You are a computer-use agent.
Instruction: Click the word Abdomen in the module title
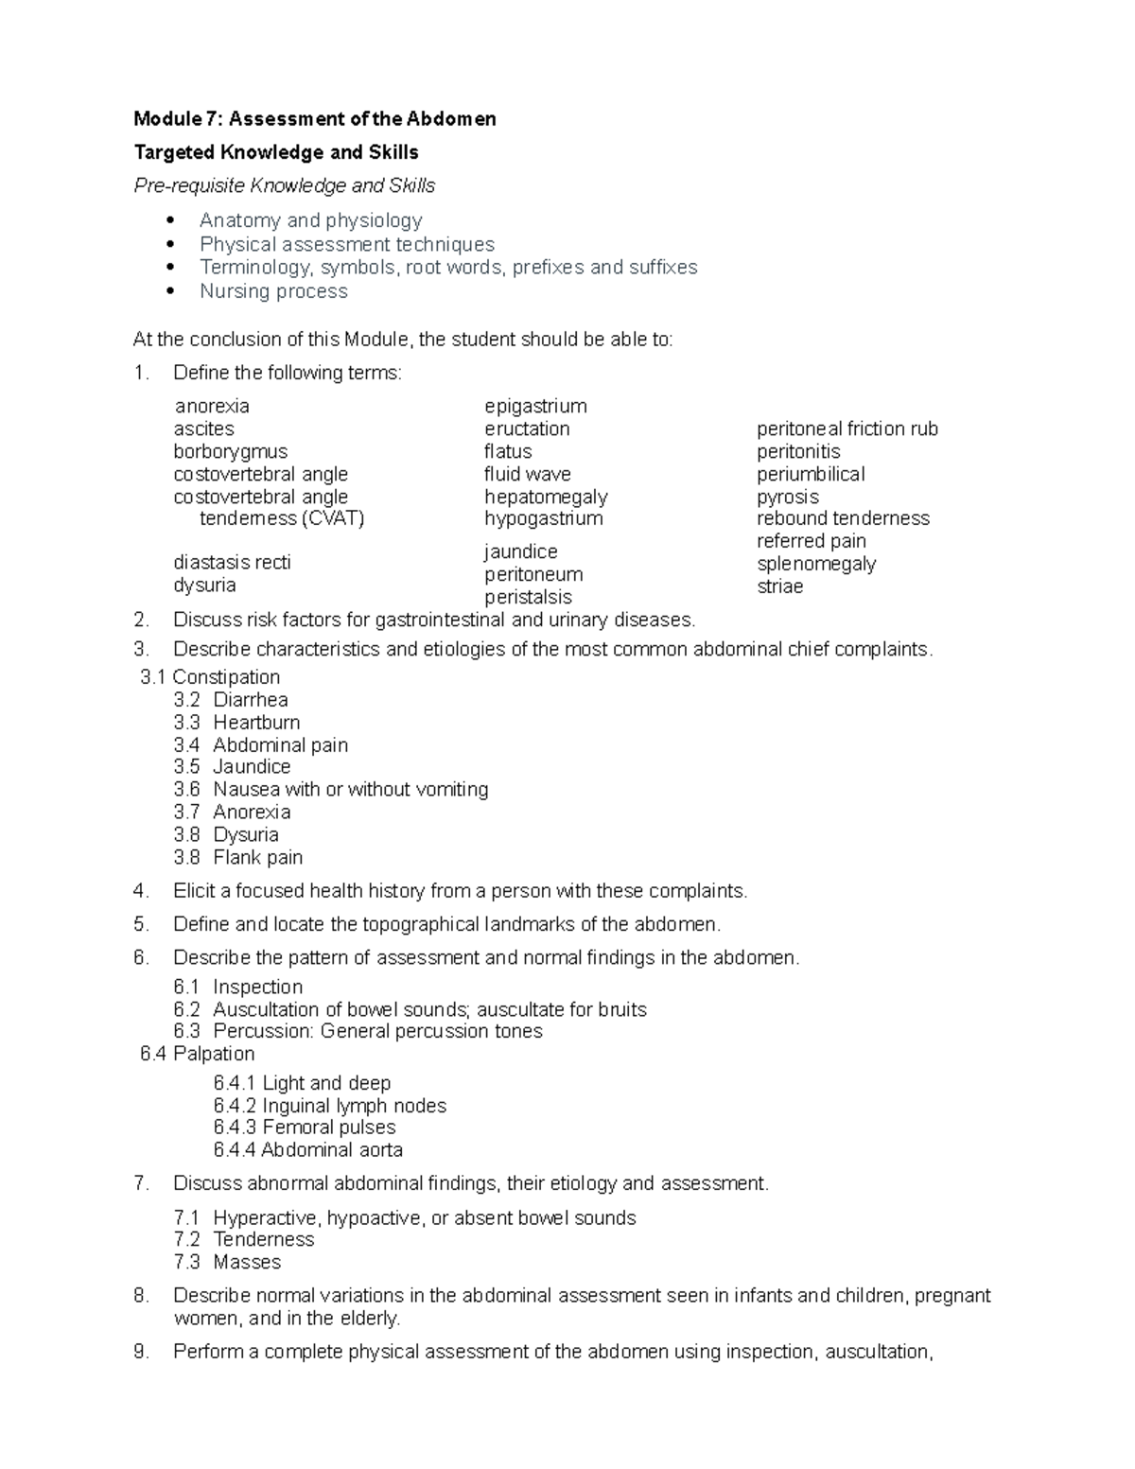pyautogui.click(x=451, y=119)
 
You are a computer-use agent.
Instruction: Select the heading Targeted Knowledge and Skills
pyautogui.click(x=276, y=152)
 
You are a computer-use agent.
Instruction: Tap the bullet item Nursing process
pyautogui.click(x=273, y=291)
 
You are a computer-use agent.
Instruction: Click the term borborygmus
pyautogui.click(x=231, y=451)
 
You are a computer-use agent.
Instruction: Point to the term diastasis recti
pyautogui.click(x=232, y=562)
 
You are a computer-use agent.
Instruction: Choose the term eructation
pyautogui.click(x=527, y=428)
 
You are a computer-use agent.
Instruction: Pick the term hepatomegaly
pyautogui.click(x=546, y=497)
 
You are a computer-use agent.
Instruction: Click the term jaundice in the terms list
pyautogui.click(x=521, y=551)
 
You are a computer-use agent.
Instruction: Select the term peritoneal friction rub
pyautogui.click(x=847, y=428)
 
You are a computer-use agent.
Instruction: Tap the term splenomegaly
pyautogui.click(x=816, y=564)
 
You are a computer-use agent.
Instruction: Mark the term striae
pyautogui.click(x=780, y=586)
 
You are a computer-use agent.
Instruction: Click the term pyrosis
pyautogui.click(x=788, y=497)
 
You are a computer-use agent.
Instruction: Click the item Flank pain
pyautogui.click(x=257, y=858)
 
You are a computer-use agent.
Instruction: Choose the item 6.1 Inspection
pyautogui.click(x=257, y=987)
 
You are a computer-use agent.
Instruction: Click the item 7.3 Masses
pyautogui.click(x=247, y=1262)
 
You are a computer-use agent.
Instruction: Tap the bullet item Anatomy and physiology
pyautogui.click(x=310, y=220)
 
